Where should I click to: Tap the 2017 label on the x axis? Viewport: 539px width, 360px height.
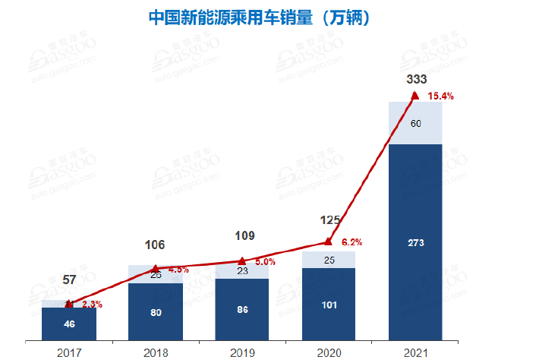click(68, 352)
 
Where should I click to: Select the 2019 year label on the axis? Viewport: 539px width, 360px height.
click(241, 352)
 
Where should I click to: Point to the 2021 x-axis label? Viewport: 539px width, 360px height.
click(414, 352)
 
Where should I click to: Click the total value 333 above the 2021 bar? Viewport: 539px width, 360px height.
click(417, 79)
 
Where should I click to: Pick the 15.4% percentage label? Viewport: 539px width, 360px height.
click(440, 96)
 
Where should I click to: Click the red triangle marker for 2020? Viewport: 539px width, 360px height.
click(328, 242)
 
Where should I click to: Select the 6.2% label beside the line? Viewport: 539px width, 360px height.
click(351, 242)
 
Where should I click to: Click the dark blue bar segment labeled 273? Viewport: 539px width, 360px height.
click(415, 242)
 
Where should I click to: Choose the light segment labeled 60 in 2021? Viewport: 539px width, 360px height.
click(415, 123)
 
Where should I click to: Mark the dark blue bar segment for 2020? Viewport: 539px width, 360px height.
click(329, 304)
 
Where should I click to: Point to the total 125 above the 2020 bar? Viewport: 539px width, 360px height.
click(329, 220)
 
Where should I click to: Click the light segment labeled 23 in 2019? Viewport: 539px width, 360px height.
click(241, 270)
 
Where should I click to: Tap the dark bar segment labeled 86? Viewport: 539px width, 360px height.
click(241, 309)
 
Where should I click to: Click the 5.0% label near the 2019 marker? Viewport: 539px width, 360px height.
click(265, 262)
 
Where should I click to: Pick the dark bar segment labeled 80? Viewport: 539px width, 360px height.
click(155, 311)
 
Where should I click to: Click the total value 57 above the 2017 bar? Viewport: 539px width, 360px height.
click(69, 280)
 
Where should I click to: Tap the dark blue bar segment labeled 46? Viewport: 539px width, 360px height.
click(68, 324)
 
